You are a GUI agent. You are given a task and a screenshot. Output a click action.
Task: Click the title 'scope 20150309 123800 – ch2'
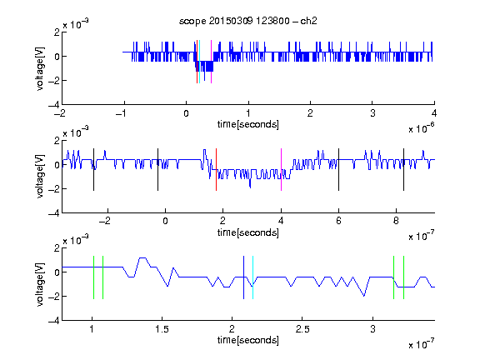point(248,21)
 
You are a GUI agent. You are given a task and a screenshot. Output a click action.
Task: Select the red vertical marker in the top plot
point(197,62)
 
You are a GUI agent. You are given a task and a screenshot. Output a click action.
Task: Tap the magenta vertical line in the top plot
point(211,62)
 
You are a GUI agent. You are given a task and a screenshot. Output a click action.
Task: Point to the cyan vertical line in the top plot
point(200,62)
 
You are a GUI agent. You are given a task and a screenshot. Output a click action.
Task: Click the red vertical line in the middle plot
point(216,170)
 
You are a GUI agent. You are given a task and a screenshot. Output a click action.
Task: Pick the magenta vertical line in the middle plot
point(281,170)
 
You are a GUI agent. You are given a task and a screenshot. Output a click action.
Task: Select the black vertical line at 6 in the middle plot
point(338,170)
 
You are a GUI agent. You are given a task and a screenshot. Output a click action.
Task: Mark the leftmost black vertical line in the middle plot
point(93,170)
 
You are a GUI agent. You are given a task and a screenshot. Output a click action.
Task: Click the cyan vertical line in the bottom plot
point(252,277)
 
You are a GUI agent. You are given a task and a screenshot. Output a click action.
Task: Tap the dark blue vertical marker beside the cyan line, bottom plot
point(243,277)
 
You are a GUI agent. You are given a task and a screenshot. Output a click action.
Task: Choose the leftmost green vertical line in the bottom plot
point(93,277)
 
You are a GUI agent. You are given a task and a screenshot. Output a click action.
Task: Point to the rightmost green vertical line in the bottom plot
point(404,277)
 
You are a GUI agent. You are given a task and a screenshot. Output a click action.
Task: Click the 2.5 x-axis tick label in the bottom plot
point(302,329)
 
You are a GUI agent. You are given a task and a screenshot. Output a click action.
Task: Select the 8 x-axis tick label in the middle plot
point(396,221)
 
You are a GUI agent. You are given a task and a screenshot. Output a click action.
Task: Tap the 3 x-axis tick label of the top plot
point(372,113)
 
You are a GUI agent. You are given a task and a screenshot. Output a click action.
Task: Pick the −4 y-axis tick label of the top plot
point(54,105)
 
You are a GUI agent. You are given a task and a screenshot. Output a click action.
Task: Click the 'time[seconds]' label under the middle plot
point(248,232)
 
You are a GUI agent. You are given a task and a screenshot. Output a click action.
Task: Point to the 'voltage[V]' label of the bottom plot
point(40,284)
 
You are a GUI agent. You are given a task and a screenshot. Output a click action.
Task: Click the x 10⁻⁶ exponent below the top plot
point(422,128)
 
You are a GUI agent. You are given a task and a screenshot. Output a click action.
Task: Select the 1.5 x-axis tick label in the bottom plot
point(162,329)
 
